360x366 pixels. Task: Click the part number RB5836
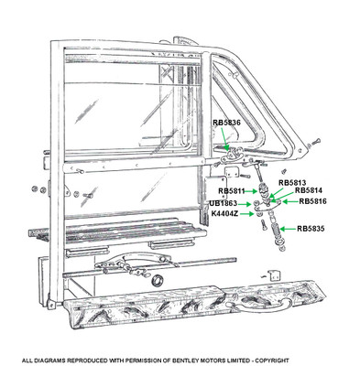pos(226,122)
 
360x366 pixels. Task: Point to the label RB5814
pos(308,191)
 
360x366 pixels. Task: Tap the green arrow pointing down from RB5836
pos(225,137)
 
